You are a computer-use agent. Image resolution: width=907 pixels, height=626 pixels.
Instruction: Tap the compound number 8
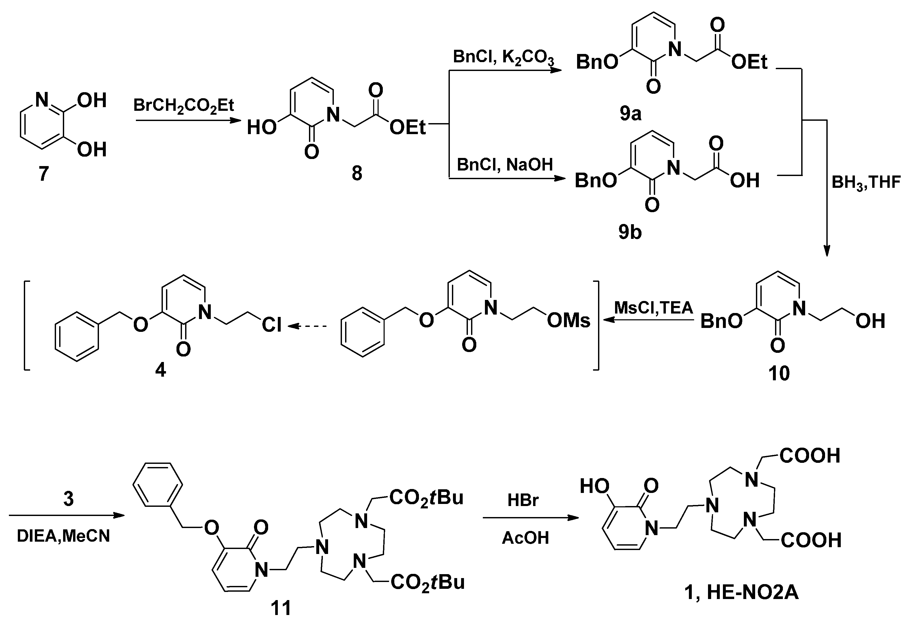(x=356, y=173)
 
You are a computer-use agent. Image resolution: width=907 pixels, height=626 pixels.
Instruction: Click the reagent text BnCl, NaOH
(x=505, y=165)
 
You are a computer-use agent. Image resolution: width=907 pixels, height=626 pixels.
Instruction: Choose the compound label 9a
(x=630, y=113)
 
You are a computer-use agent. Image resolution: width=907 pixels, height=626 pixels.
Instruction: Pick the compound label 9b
(x=630, y=232)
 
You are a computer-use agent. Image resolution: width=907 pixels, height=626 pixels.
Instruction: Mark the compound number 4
(x=161, y=370)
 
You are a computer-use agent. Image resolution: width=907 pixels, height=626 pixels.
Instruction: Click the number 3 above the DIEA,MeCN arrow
(x=68, y=499)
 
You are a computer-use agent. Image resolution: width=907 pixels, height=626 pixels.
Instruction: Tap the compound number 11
(x=281, y=608)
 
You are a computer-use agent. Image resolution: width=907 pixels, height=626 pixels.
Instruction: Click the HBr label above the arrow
(x=523, y=500)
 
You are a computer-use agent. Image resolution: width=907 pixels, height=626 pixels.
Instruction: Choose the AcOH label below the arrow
(x=526, y=538)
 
